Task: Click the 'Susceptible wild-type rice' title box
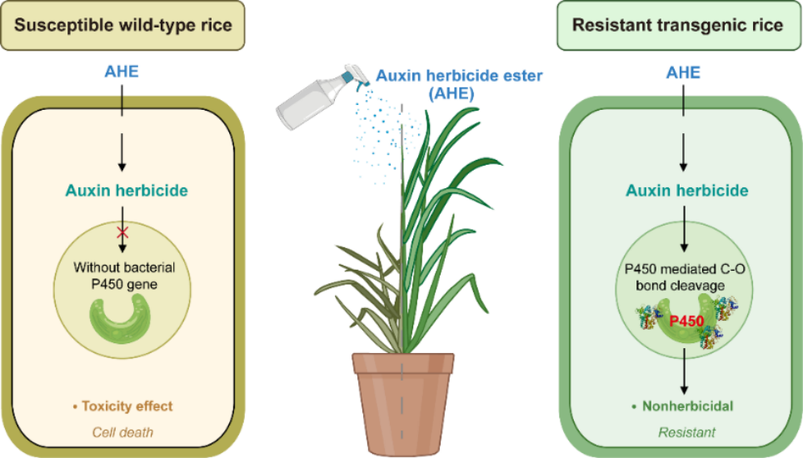[122, 26]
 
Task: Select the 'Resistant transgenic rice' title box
[679, 26]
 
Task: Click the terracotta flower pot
[403, 403]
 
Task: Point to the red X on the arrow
[122, 233]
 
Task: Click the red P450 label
[686, 321]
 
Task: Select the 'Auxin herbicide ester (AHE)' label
[459, 84]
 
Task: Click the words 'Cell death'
[122, 432]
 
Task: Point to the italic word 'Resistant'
[686, 432]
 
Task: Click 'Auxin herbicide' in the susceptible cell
[127, 191]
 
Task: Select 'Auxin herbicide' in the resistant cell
[686, 191]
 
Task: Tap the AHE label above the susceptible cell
[122, 72]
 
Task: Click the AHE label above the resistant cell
[683, 72]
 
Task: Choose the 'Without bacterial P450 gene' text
[124, 276]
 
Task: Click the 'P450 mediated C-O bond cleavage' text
[685, 276]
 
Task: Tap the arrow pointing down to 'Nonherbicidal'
[684, 371]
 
